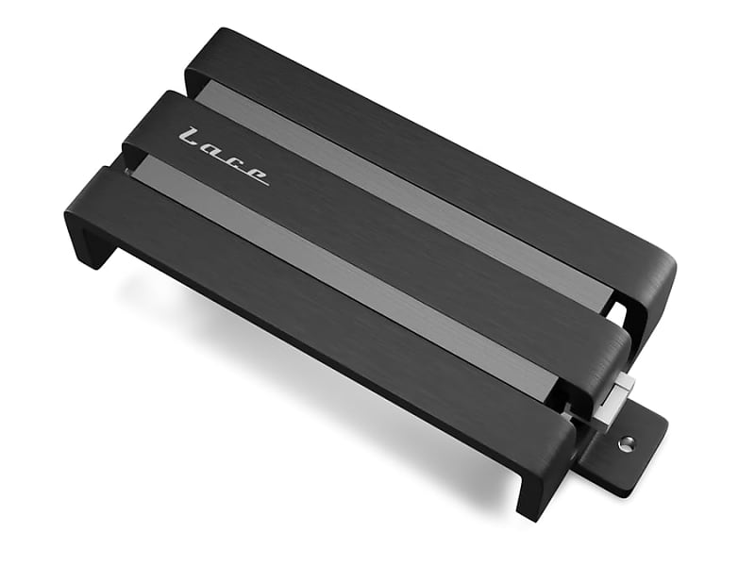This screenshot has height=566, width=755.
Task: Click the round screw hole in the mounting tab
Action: [x=625, y=442]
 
